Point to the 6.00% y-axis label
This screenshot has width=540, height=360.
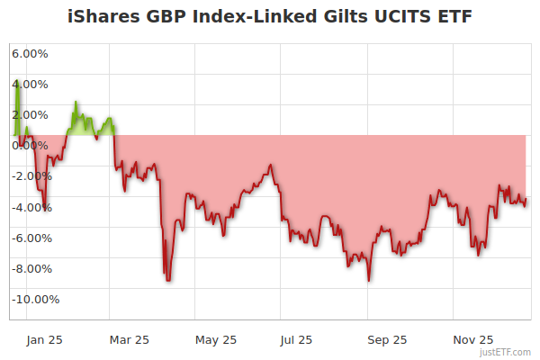pos(30,54)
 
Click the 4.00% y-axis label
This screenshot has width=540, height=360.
pos(30,85)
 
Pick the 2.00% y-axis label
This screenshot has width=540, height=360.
pos(30,115)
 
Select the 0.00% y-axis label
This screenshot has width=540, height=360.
pos(30,146)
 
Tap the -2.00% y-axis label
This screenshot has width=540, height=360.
pos(29,176)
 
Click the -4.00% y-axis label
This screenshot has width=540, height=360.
pos(29,207)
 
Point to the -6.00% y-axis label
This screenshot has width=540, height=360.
pos(29,238)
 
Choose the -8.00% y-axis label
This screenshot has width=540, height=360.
pos(29,268)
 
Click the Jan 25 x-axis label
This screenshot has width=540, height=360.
pos(44,339)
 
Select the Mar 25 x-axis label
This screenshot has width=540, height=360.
pos(129,339)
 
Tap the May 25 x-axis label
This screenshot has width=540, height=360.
pos(216,339)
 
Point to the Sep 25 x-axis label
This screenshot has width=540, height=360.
pos(387,339)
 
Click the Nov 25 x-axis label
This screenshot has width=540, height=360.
pos(473,339)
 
